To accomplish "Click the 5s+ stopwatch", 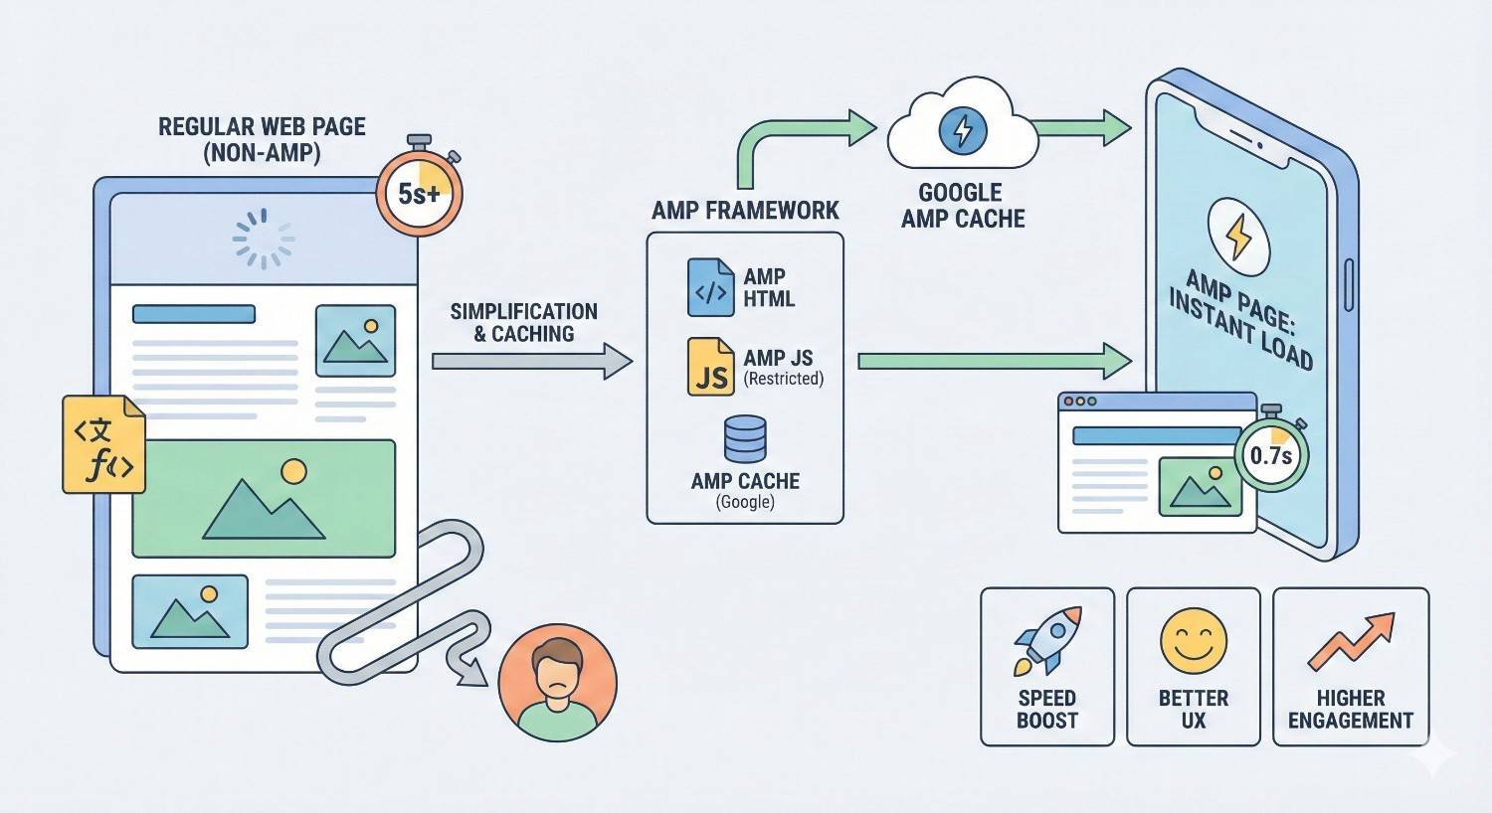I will coord(419,193).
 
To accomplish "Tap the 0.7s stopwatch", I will coord(1270,455).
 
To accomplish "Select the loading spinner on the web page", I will coord(264,239).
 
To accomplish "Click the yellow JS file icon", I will coord(710,367).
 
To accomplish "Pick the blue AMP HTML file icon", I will coord(710,287).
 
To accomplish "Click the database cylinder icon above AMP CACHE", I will coord(745,438).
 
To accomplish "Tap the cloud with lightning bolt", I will coord(961,132).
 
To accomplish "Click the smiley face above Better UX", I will coord(1193,641).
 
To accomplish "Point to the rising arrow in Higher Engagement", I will coord(1351,642).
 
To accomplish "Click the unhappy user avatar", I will coord(557,682).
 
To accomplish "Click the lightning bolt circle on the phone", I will coord(1238,237).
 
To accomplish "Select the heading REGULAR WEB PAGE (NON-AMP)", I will coord(263,139).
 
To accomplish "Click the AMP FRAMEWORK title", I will coord(745,211).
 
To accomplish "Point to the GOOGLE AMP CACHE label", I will coord(962,206).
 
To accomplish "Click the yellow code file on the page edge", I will coord(103,444).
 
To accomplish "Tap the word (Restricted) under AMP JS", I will coord(784,379).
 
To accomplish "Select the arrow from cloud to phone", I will coord(1082,127).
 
